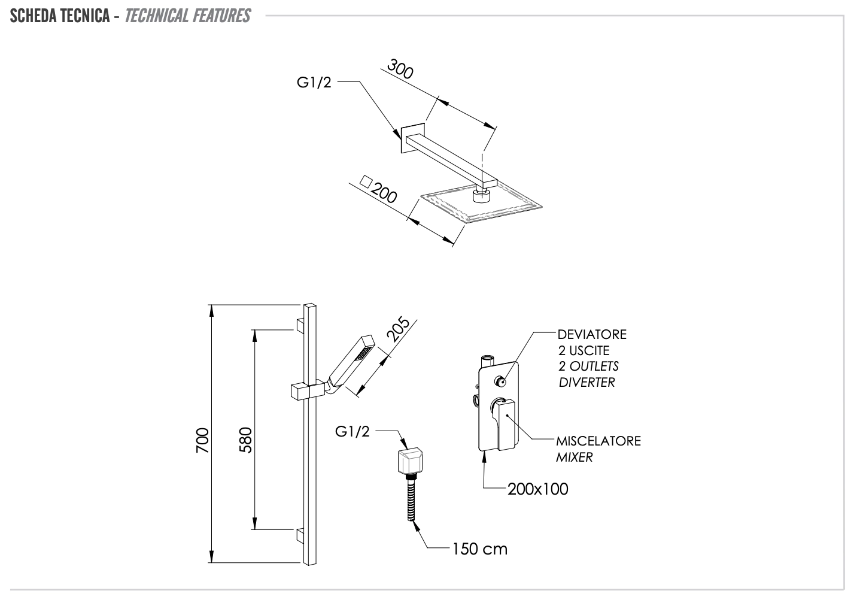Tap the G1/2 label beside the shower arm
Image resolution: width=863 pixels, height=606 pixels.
tap(314, 83)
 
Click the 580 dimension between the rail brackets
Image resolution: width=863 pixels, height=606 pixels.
tap(246, 440)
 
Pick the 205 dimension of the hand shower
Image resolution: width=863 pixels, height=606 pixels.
tap(398, 329)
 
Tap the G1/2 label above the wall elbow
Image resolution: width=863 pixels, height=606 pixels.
tap(353, 431)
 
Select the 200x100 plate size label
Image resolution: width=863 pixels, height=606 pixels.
tap(537, 489)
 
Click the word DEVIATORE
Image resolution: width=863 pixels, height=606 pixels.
tap(592, 334)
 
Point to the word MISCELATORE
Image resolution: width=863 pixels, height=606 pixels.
tap(598, 441)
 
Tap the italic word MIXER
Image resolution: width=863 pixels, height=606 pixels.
tap(575, 457)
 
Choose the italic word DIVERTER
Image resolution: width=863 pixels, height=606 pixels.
tap(587, 383)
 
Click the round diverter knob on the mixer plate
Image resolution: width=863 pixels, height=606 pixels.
tap(500, 381)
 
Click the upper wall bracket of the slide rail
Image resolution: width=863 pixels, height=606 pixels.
tap(300, 324)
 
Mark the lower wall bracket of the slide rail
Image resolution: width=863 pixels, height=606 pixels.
tap(300, 534)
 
